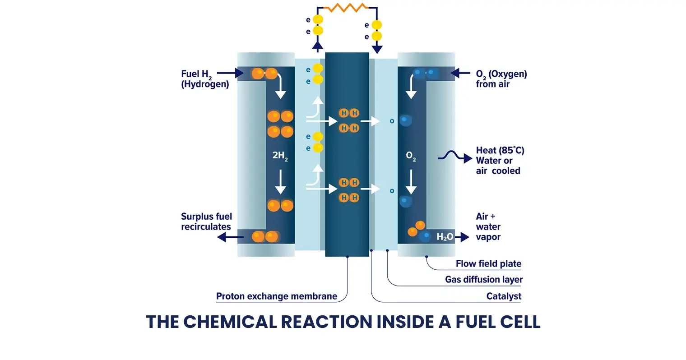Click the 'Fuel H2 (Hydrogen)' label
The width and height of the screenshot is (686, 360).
point(204,79)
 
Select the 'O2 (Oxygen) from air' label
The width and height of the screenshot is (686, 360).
point(501,79)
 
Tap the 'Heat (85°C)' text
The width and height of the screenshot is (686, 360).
point(500,150)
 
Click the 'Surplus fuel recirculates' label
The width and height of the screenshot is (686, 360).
point(206,222)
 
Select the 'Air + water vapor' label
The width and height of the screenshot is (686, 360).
point(488,226)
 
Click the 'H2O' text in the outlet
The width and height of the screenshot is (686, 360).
point(445,237)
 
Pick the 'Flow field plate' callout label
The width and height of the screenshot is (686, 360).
point(488,263)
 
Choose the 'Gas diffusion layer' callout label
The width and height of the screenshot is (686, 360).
point(484,280)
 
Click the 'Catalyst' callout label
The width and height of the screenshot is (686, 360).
point(504,296)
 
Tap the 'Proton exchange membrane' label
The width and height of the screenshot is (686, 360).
point(277,296)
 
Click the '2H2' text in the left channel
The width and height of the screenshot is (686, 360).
point(280,156)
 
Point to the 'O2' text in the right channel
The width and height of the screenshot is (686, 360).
point(411,156)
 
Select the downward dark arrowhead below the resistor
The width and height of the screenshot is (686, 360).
point(377,49)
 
